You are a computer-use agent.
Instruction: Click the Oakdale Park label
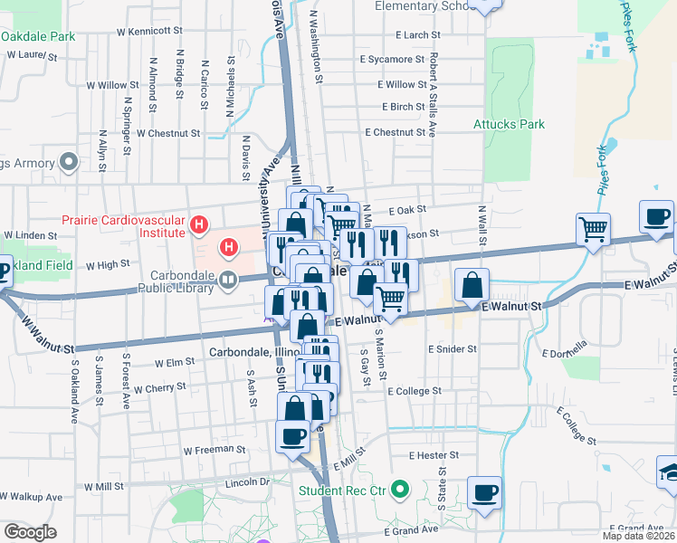(x=38, y=38)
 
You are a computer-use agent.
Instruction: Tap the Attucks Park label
(x=510, y=124)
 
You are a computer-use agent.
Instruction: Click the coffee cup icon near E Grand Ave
(x=484, y=492)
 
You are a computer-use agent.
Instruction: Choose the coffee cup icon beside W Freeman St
(x=292, y=436)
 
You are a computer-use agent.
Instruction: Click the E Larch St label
(x=417, y=35)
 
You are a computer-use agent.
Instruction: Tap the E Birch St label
(x=404, y=107)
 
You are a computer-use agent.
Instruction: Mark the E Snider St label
(x=453, y=349)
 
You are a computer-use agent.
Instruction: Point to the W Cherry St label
(x=159, y=387)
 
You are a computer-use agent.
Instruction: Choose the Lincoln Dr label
(x=248, y=482)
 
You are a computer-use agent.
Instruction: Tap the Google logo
(x=30, y=532)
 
